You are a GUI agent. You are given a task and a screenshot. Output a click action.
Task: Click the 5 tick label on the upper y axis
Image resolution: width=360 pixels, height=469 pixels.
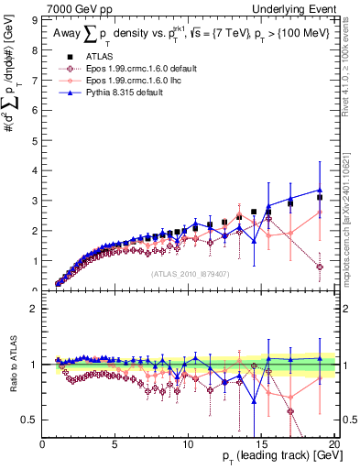point(36,139)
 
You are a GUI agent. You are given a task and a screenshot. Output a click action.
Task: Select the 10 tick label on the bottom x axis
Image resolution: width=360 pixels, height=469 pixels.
point(188,445)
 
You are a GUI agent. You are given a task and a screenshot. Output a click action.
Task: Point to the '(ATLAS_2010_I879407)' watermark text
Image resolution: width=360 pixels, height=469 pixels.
point(190,273)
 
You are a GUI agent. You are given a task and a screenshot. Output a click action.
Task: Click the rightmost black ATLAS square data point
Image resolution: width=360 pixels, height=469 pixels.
point(320,197)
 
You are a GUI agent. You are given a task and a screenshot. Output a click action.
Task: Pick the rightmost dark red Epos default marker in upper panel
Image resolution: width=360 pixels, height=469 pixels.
point(320,267)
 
